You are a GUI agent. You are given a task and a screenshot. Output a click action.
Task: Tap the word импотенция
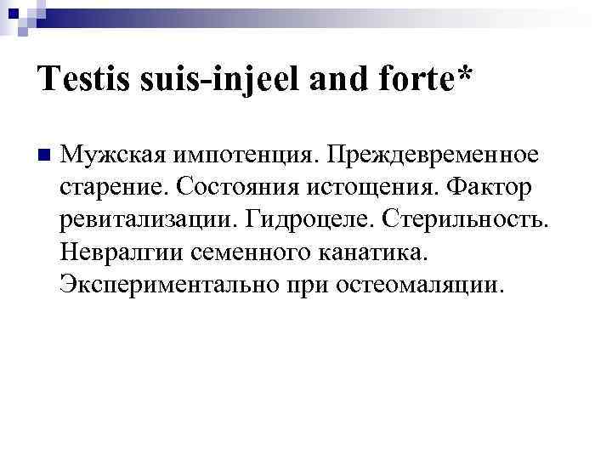click(x=240, y=156)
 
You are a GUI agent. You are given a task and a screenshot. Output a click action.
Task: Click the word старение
click(x=110, y=189)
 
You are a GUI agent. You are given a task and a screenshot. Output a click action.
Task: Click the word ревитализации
click(x=147, y=220)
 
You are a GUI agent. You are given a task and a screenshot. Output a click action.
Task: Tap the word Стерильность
click(x=467, y=220)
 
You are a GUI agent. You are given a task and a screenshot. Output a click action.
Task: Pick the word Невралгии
click(x=120, y=252)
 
